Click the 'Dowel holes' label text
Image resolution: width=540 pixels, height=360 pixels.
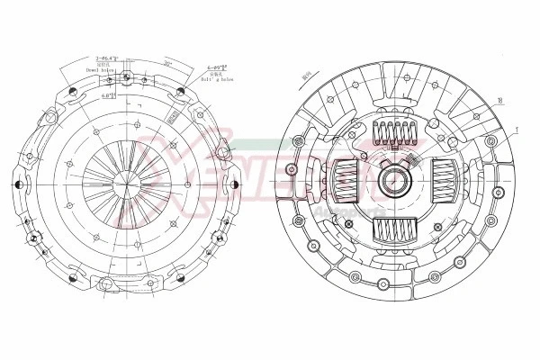[x=102, y=68]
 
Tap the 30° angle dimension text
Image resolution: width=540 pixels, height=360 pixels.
[x=168, y=63]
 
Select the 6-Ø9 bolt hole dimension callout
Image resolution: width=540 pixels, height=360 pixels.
[x=216, y=67]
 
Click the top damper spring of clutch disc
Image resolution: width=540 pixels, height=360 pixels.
[x=394, y=134]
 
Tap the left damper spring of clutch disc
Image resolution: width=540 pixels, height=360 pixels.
[x=346, y=182]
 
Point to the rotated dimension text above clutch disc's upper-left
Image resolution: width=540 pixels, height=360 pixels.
[x=307, y=78]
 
